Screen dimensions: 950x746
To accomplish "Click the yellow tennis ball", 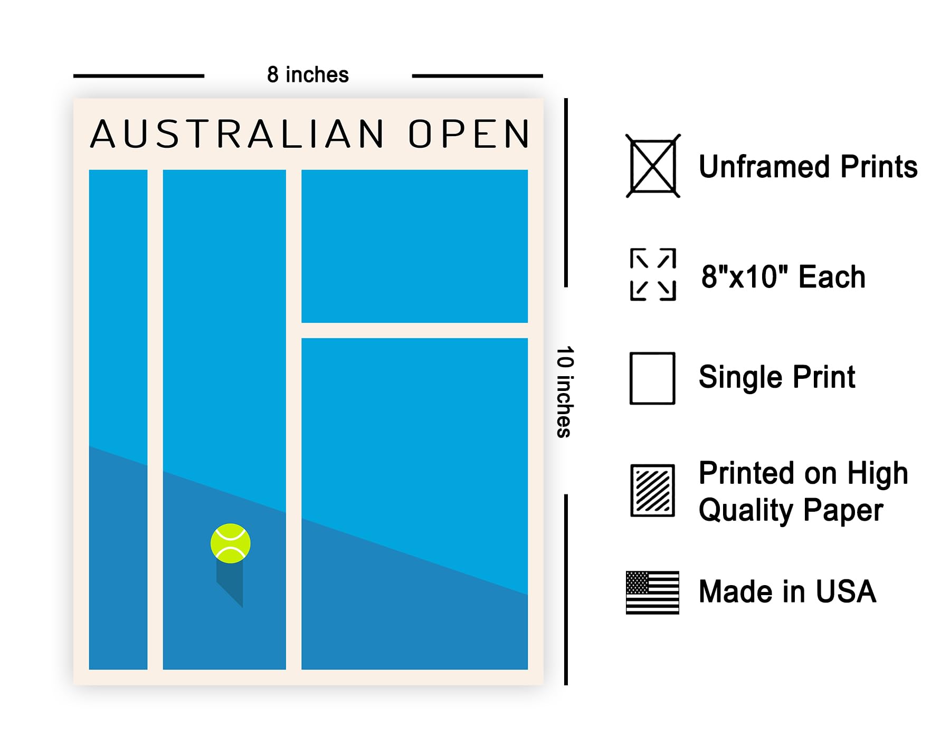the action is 231,543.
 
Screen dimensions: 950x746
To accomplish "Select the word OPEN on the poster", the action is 469,134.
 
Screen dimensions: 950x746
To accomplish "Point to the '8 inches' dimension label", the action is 308,75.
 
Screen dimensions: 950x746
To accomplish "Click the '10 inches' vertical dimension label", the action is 564,392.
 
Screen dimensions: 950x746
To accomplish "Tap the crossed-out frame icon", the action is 653,166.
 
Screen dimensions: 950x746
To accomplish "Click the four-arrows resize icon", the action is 653,274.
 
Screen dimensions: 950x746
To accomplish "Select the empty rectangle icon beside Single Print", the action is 652,378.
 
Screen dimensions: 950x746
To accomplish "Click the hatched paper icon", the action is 653,491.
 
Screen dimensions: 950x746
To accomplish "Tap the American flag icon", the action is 652,592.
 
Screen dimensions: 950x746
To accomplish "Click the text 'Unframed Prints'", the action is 808,167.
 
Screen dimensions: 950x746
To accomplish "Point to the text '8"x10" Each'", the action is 783,276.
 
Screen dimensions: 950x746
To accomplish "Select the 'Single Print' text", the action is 777,377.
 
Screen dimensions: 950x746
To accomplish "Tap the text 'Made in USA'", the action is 787,591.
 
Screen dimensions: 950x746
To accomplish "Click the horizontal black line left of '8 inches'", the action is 139,76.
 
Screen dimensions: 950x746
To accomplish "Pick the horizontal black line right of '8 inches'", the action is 477,76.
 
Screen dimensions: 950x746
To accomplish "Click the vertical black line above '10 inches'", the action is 566,193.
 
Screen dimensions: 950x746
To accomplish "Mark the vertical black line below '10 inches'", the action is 566,589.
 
